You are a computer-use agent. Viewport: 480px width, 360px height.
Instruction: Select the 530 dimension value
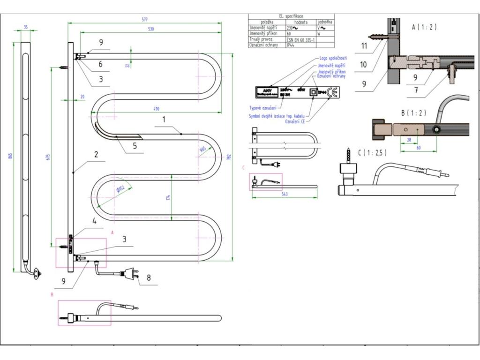(151, 29)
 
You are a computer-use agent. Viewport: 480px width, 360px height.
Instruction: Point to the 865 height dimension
(10, 156)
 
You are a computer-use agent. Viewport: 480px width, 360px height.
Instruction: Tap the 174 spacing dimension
(168, 198)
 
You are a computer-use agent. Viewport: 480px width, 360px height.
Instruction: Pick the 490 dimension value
(156, 109)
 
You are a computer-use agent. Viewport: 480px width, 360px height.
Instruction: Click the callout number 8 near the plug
(149, 277)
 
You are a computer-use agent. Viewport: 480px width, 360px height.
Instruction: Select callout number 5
(135, 146)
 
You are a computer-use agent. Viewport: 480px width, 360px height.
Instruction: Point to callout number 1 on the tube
(164, 120)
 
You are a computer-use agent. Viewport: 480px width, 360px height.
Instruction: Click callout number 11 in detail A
(364, 45)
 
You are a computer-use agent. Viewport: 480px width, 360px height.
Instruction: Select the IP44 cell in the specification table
(291, 45)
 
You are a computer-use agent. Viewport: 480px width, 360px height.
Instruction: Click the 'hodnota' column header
(300, 22)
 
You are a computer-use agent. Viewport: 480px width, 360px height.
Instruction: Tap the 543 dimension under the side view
(285, 193)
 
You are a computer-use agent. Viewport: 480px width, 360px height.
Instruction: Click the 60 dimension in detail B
(419, 147)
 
